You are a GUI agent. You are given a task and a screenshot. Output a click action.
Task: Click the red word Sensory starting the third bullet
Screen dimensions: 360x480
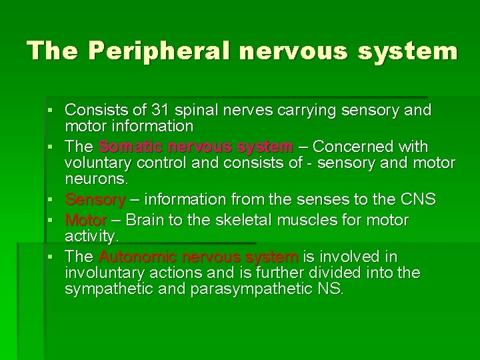95,199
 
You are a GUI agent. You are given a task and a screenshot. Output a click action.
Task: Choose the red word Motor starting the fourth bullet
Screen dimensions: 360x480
86,220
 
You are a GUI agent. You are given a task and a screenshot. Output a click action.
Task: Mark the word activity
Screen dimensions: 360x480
91,236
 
